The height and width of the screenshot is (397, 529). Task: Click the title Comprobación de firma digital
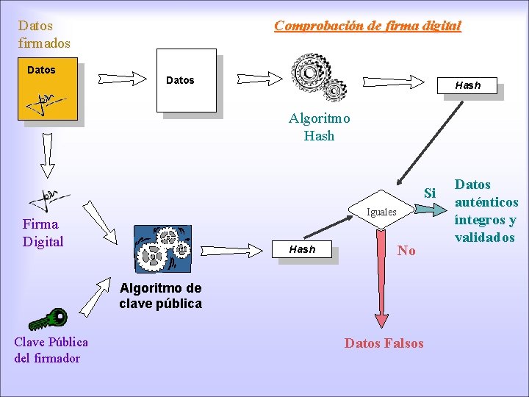tap(367, 26)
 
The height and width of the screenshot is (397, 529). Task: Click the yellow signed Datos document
tap(48, 91)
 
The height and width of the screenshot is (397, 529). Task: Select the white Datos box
tap(189, 81)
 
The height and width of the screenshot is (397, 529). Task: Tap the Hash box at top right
tap(467, 86)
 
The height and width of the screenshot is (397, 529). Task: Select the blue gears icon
tap(162, 248)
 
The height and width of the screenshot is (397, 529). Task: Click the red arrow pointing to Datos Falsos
tap(382, 279)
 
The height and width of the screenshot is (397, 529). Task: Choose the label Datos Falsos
tap(384, 343)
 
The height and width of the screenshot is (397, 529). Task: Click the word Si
tap(430, 193)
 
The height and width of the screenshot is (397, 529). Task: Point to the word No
tap(406, 251)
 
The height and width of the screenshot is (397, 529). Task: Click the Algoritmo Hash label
tap(319, 127)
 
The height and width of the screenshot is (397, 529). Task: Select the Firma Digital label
tap(43, 233)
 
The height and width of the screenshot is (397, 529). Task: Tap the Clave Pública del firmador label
tap(50, 350)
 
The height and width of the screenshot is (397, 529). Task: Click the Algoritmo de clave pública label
tap(160, 296)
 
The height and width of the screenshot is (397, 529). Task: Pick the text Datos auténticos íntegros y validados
tap(486, 211)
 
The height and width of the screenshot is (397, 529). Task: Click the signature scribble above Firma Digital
tap(48, 198)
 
